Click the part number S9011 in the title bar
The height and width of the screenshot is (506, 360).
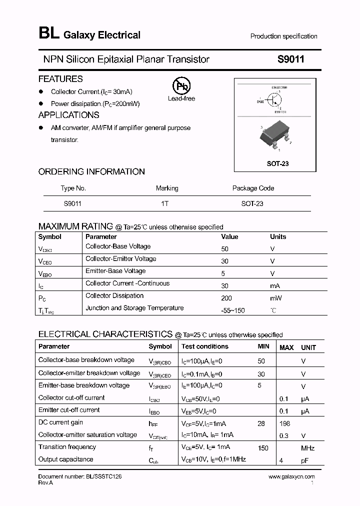(290, 59)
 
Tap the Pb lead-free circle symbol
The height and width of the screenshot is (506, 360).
(181, 86)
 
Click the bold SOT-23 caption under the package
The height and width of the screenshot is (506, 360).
(278, 163)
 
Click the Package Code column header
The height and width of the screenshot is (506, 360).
(253, 188)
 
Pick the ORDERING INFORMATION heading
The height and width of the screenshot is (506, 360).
(91, 171)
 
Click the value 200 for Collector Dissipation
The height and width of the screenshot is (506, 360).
(226, 298)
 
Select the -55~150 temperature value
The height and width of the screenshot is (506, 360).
(233, 311)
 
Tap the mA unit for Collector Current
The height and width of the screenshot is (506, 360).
(275, 286)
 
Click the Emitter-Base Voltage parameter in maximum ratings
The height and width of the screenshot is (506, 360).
(115, 271)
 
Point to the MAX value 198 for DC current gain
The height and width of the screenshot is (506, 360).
(285, 423)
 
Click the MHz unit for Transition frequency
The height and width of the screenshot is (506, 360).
(307, 448)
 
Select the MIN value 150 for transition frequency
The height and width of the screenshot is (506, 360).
(263, 447)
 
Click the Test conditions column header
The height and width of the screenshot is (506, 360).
(205, 346)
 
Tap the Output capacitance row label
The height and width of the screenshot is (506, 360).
(65, 459)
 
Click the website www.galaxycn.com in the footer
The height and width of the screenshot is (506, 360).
(291, 477)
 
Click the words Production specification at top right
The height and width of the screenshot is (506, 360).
(283, 36)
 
